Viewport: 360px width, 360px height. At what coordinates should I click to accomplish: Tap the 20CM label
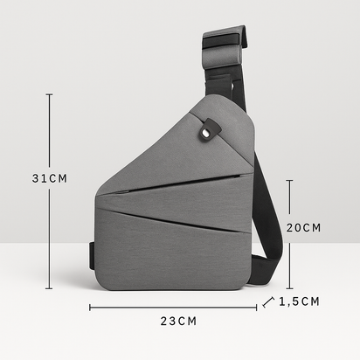(x=303, y=227)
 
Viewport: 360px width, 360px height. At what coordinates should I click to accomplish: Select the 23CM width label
(x=178, y=321)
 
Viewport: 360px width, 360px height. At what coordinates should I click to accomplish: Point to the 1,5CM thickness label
(x=300, y=301)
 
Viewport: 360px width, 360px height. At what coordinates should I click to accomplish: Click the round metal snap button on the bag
(x=205, y=134)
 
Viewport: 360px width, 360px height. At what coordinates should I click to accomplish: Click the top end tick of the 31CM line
(x=50, y=94)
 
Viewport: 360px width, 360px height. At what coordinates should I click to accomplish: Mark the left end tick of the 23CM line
(x=90, y=307)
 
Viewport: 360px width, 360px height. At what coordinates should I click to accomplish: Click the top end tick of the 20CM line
(x=289, y=181)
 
